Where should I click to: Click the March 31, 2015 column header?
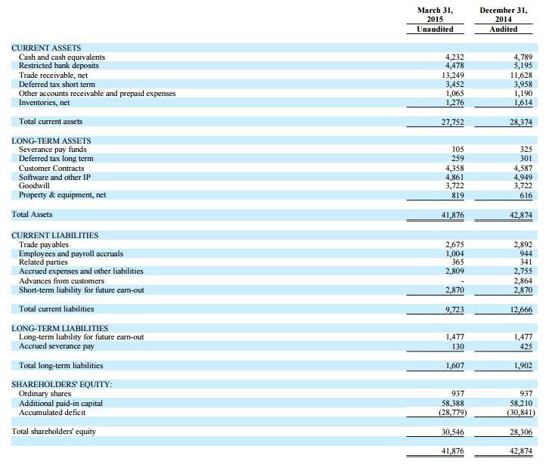(x=435, y=14)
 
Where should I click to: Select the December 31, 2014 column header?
(x=503, y=14)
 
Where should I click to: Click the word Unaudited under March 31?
(x=435, y=29)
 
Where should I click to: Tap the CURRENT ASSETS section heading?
(x=46, y=48)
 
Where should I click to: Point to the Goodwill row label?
(x=34, y=186)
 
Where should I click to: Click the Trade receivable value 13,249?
(x=453, y=76)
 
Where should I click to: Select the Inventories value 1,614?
(x=523, y=103)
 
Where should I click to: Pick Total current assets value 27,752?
(x=452, y=122)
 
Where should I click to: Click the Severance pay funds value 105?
(x=458, y=150)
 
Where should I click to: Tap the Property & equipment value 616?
(x=526, y=195)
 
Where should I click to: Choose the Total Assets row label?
(x=32, y=215)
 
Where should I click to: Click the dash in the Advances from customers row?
(x=462, y=281)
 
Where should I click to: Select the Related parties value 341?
(x=526, y=262)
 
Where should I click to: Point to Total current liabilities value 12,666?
(x=521, y=310)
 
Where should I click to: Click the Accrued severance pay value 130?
(x=458, y=346)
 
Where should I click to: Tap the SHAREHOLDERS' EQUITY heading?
(x=61, y=384)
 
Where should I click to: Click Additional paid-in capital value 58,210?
(x=521, y=403)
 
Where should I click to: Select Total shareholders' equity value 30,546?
(x=452, y=432)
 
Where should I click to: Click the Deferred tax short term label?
(x=57, y=85)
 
